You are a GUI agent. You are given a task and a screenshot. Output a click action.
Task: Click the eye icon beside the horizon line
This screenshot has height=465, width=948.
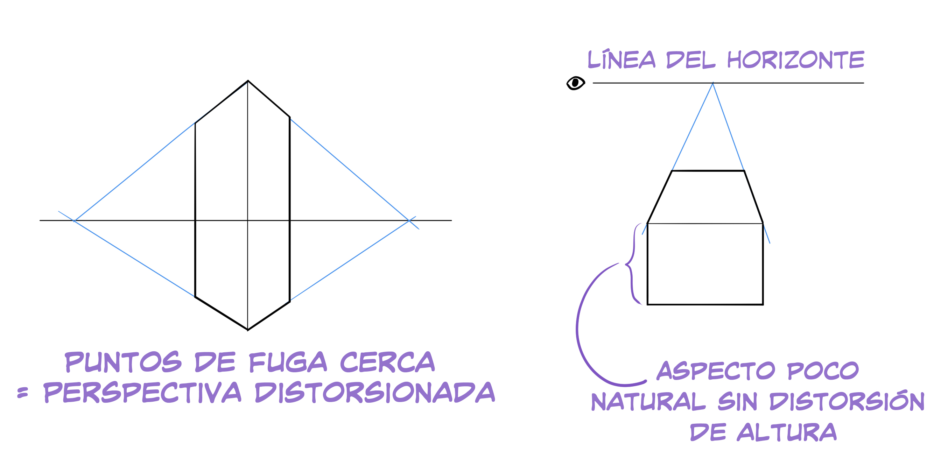click(575, 83)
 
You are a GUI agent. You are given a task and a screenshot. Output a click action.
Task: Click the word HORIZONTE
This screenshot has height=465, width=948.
click(795, 59)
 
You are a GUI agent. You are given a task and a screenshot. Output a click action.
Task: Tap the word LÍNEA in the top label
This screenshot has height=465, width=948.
click(621, 59)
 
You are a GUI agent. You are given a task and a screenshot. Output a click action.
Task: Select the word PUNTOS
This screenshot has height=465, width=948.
click(123, 362)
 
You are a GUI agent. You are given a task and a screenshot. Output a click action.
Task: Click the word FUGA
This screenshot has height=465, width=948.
click(288, 362)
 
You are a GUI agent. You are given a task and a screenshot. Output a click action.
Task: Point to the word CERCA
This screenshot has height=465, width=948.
click(387, 362)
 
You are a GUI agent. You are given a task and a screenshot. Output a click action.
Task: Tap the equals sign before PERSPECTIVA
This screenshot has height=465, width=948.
click(22, 393)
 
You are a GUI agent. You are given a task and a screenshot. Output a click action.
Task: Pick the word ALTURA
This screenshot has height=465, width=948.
click(786, 432)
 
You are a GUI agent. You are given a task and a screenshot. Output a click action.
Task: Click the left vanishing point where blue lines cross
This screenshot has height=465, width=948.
click(74, 221)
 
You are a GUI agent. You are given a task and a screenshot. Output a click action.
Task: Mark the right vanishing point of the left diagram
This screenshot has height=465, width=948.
click(409, 220)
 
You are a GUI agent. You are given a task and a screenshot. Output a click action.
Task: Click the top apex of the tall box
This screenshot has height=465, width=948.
click(248, 81)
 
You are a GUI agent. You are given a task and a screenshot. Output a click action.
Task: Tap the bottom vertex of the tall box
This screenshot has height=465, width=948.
click(248, 330)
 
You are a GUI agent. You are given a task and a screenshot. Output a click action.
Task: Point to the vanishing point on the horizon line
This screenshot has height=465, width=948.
click(712, 83)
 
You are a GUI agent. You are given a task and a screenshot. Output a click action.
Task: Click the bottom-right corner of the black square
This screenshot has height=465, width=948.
click(763, 305)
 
